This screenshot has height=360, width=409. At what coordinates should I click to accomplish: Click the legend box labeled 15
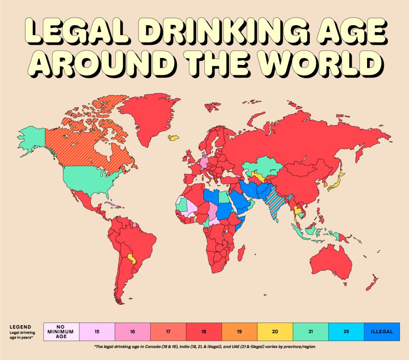coord(97,332)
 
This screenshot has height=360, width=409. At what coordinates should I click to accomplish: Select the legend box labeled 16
coord(133,332)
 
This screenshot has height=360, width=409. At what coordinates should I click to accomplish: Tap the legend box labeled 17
coord(168,332)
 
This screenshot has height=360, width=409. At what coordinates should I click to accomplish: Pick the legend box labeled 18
coord(204,332)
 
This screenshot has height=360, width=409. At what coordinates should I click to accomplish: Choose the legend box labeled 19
coord(239,332)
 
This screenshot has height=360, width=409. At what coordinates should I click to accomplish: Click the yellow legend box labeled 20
coord(275,332)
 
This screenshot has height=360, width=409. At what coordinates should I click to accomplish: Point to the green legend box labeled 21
coord(310,332)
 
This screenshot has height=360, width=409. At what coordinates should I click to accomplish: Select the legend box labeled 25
coord(346,332)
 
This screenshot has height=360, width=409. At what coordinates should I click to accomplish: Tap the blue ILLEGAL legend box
coord(382,332)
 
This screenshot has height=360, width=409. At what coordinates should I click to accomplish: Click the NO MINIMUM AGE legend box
coord(62,332)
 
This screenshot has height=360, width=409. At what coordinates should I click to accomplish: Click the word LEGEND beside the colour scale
coord(20,326)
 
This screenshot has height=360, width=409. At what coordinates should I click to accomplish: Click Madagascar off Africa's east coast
coord(241,252)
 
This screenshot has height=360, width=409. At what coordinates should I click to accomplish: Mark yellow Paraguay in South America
coord(131,258)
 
